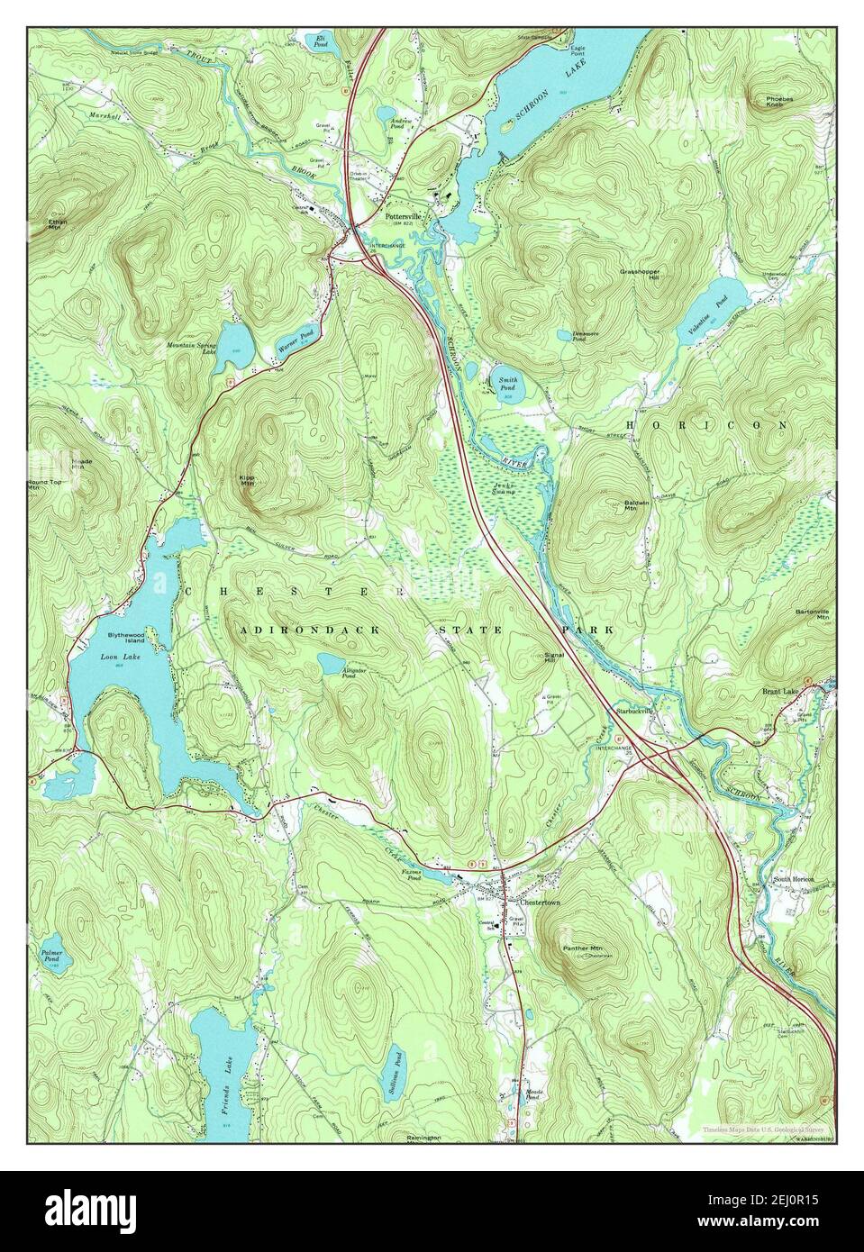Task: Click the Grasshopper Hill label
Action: point(641,272)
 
